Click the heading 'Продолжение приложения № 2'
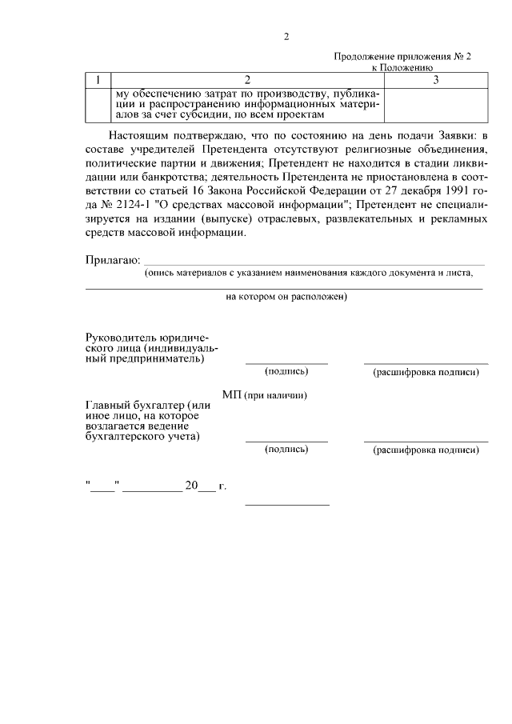[402, 58]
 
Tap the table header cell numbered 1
[98, 80]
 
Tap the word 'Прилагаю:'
[113, 259]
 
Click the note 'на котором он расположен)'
[286, 297]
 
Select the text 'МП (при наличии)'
[265, 396]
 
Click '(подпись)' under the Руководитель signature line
[286, 372]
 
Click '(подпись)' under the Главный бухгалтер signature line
[286, 450]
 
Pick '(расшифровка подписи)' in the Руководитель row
[426, 373]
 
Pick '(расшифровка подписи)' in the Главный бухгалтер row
[426, 450]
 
